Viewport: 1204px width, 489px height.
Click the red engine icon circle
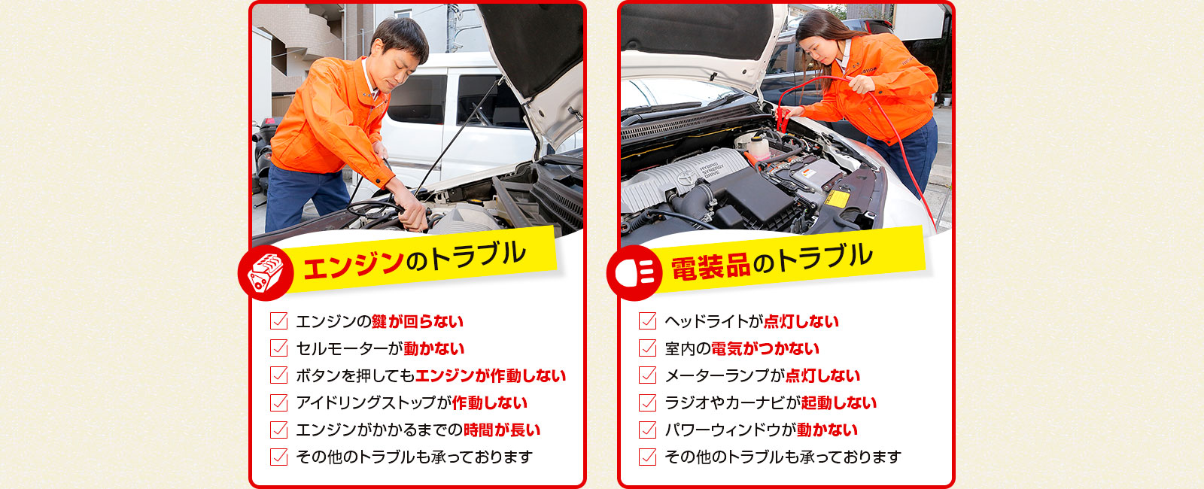(x=266, y=273)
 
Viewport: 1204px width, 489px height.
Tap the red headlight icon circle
(x=634, y=273)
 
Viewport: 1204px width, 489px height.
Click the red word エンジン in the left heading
(x=353, y=264)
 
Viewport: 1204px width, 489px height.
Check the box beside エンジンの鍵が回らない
(x=278, y=320)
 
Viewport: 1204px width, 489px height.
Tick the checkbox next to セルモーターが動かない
(x=278, y=348)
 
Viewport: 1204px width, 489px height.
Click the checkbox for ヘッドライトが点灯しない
(x=647, y=320)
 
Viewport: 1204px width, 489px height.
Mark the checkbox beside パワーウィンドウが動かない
(x=647, y=430)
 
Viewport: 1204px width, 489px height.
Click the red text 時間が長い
(x=501, y=430)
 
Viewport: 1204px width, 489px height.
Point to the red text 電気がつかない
(x=765, y=349)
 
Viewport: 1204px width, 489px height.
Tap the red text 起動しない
(x=838, y=403)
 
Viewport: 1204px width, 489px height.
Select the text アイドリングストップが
(x=373, y=403)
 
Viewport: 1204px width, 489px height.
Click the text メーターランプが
(x=725, y=375)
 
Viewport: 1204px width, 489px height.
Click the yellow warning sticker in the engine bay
(x=837, y=199)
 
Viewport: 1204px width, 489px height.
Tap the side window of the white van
(x=417, y=99)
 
